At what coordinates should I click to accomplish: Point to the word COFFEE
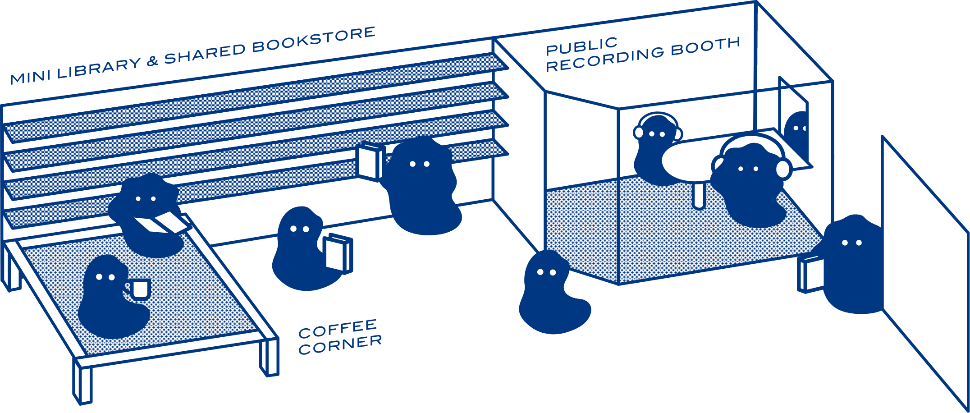coord(337,329)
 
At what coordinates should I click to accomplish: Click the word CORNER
coord(340,345)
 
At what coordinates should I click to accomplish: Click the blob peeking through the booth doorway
coord(797,131)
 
